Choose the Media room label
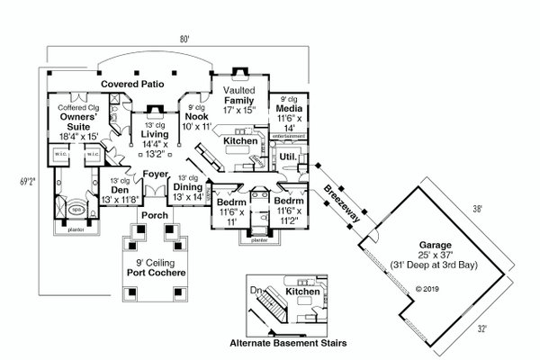coord(287,108)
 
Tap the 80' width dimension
coord(184,39)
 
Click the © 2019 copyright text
coord(426,290)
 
